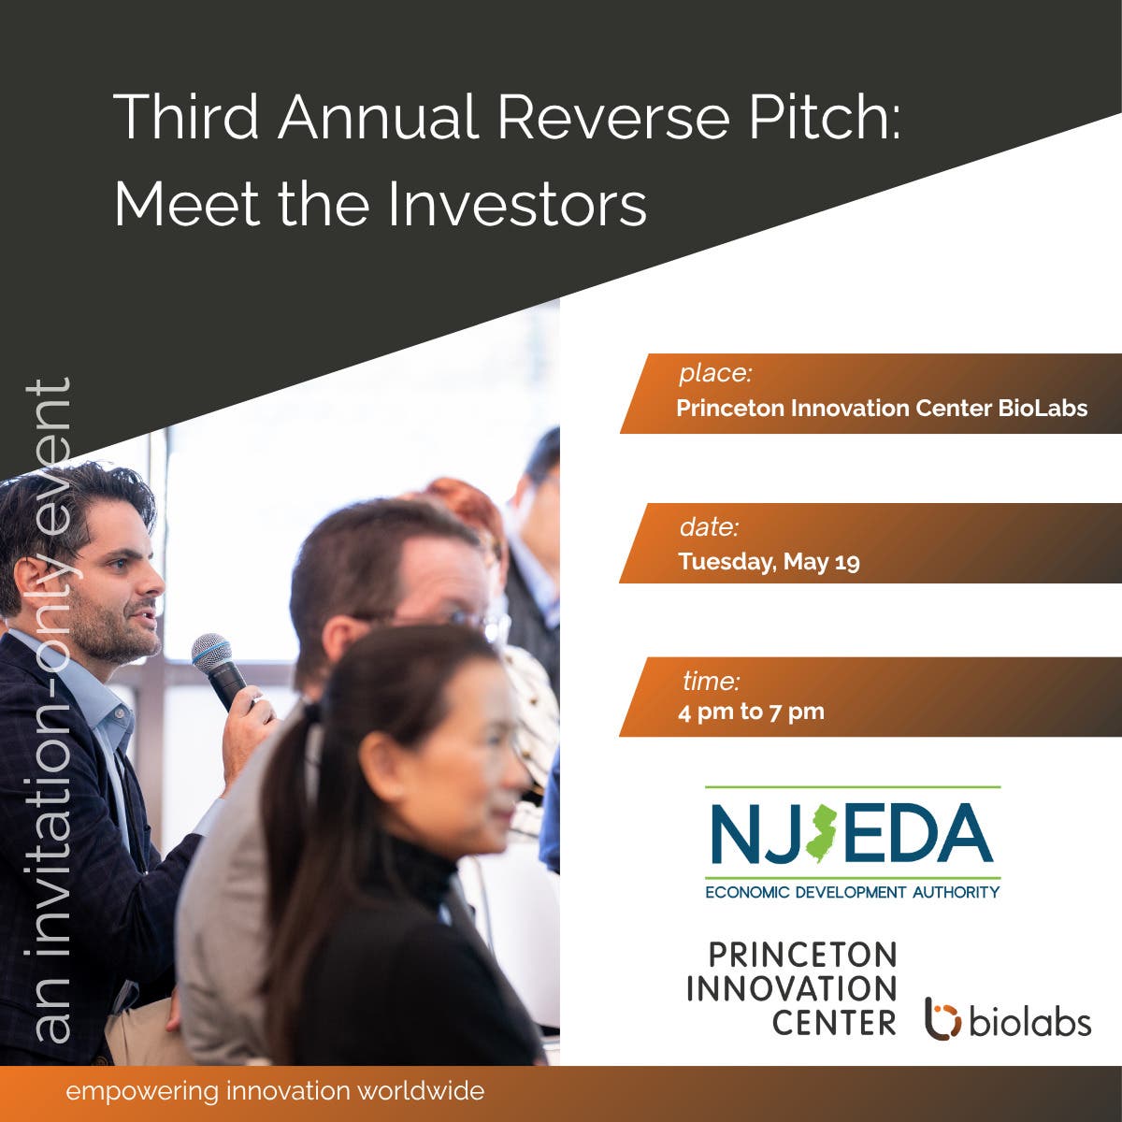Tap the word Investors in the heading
[517, 205]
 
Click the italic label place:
[715, 373]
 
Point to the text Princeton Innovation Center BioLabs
[882, 409]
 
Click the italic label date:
[709, 527]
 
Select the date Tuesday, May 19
[769, 562]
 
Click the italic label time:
[711, 681]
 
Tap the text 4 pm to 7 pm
[751, 712]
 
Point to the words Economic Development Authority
[853, 892]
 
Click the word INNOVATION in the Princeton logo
[792, 988]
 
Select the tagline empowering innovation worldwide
[275, 1090]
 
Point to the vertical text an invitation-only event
[51, 709]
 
